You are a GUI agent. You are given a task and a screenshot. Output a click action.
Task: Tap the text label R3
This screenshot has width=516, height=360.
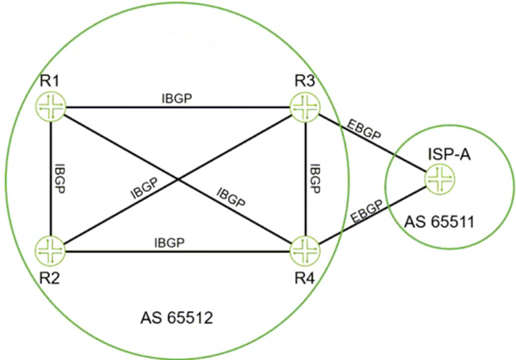coord(308,81)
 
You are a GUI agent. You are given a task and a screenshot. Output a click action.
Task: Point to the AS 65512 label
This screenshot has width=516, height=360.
coord(177,317)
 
